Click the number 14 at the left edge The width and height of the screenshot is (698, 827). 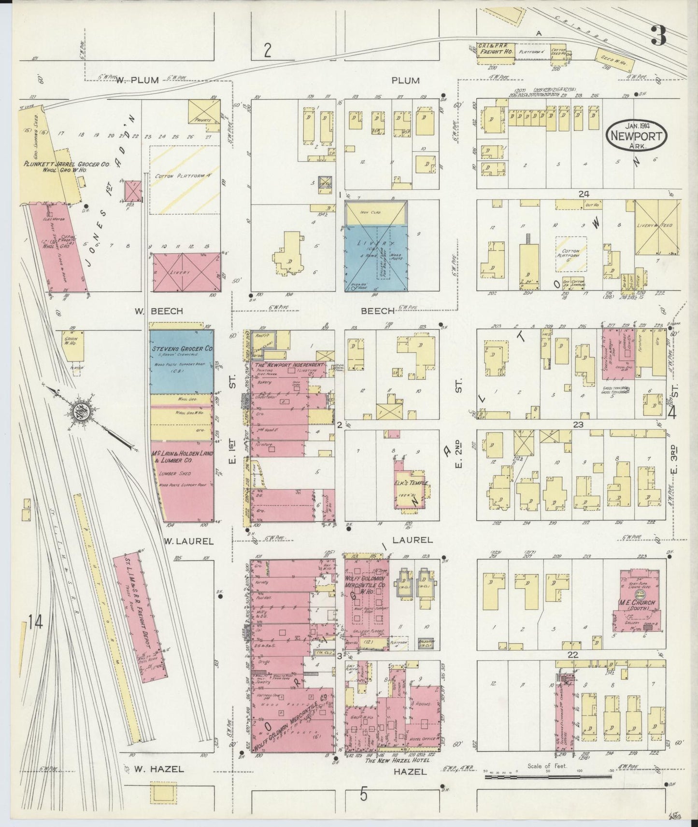35,623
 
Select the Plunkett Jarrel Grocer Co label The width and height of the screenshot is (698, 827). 67,164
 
